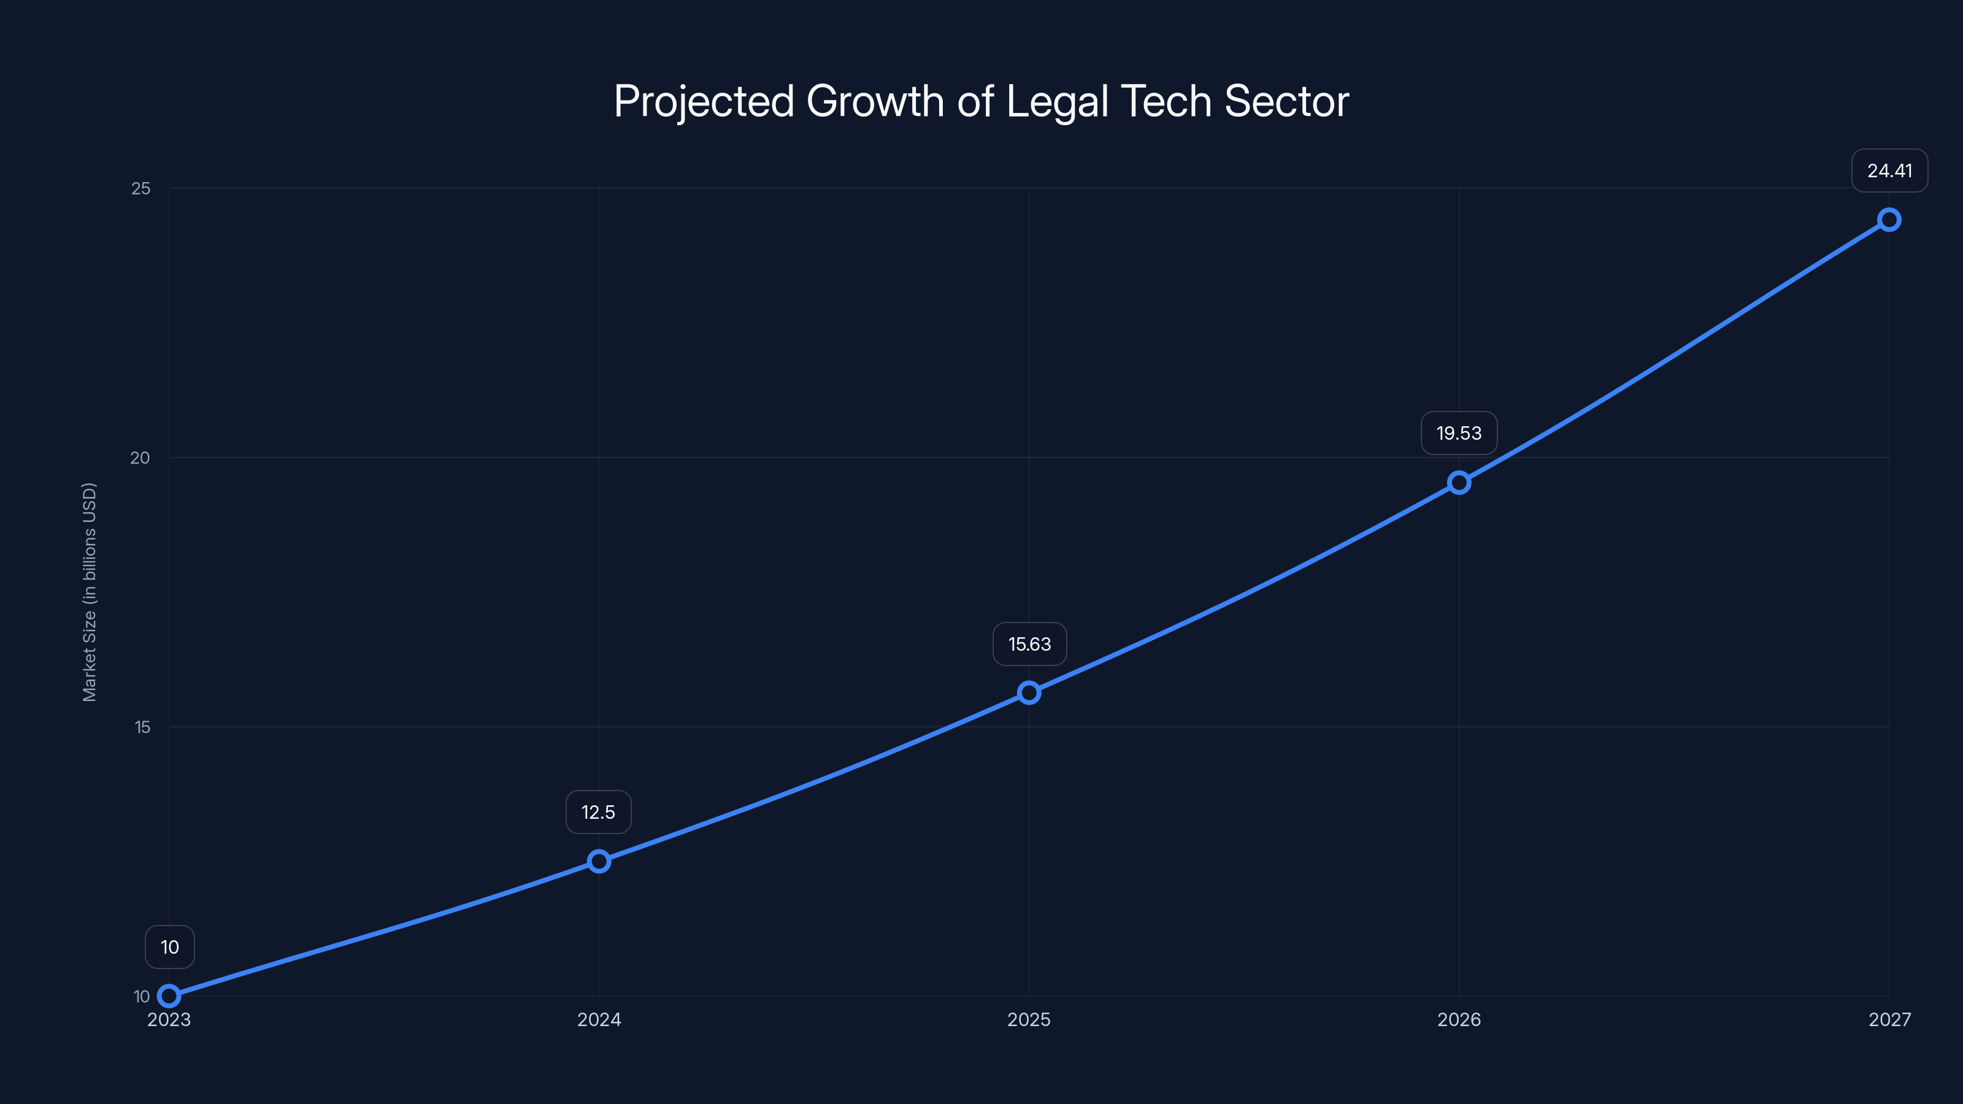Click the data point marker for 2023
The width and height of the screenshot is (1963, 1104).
(169, 996)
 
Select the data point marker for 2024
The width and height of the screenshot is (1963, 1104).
(599, 861)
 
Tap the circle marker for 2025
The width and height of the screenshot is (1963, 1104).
(1029, 692)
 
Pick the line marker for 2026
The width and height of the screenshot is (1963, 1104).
(1459, 482)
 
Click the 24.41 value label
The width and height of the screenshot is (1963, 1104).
(1889, 171)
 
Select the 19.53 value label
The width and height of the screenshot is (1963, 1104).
(1459, 434)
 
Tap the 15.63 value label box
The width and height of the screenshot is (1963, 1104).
(1029, 645)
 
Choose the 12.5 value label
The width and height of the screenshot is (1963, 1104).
(598, 812)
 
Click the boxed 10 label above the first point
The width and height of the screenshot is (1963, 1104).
(170, 947)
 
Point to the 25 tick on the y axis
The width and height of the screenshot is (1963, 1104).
(141, 188)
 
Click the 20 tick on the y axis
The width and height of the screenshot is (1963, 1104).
(140, 458)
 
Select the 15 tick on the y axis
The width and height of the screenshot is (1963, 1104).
(142, 727)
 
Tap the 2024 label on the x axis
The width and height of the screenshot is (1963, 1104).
(599, 1019)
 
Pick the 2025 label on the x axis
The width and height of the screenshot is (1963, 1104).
(1029, 1019)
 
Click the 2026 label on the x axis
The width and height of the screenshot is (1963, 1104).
(1459, 1019)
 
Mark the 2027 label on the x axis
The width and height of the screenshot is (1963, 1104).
(1889, 1019)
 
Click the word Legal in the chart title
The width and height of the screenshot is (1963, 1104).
(1056, 102)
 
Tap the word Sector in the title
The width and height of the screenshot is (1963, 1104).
(1286, 102)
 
